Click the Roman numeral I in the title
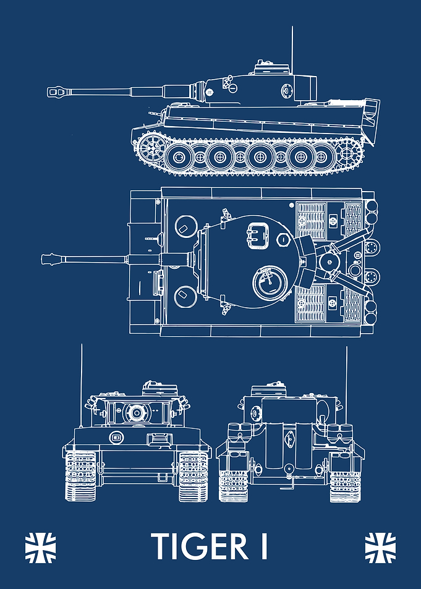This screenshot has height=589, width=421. point(264,546)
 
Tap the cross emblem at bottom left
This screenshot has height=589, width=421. point(40,548)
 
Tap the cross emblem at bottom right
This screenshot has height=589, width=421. point(380,548)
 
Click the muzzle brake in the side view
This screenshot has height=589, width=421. point(57,91)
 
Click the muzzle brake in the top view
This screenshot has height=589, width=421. point(51,259)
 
